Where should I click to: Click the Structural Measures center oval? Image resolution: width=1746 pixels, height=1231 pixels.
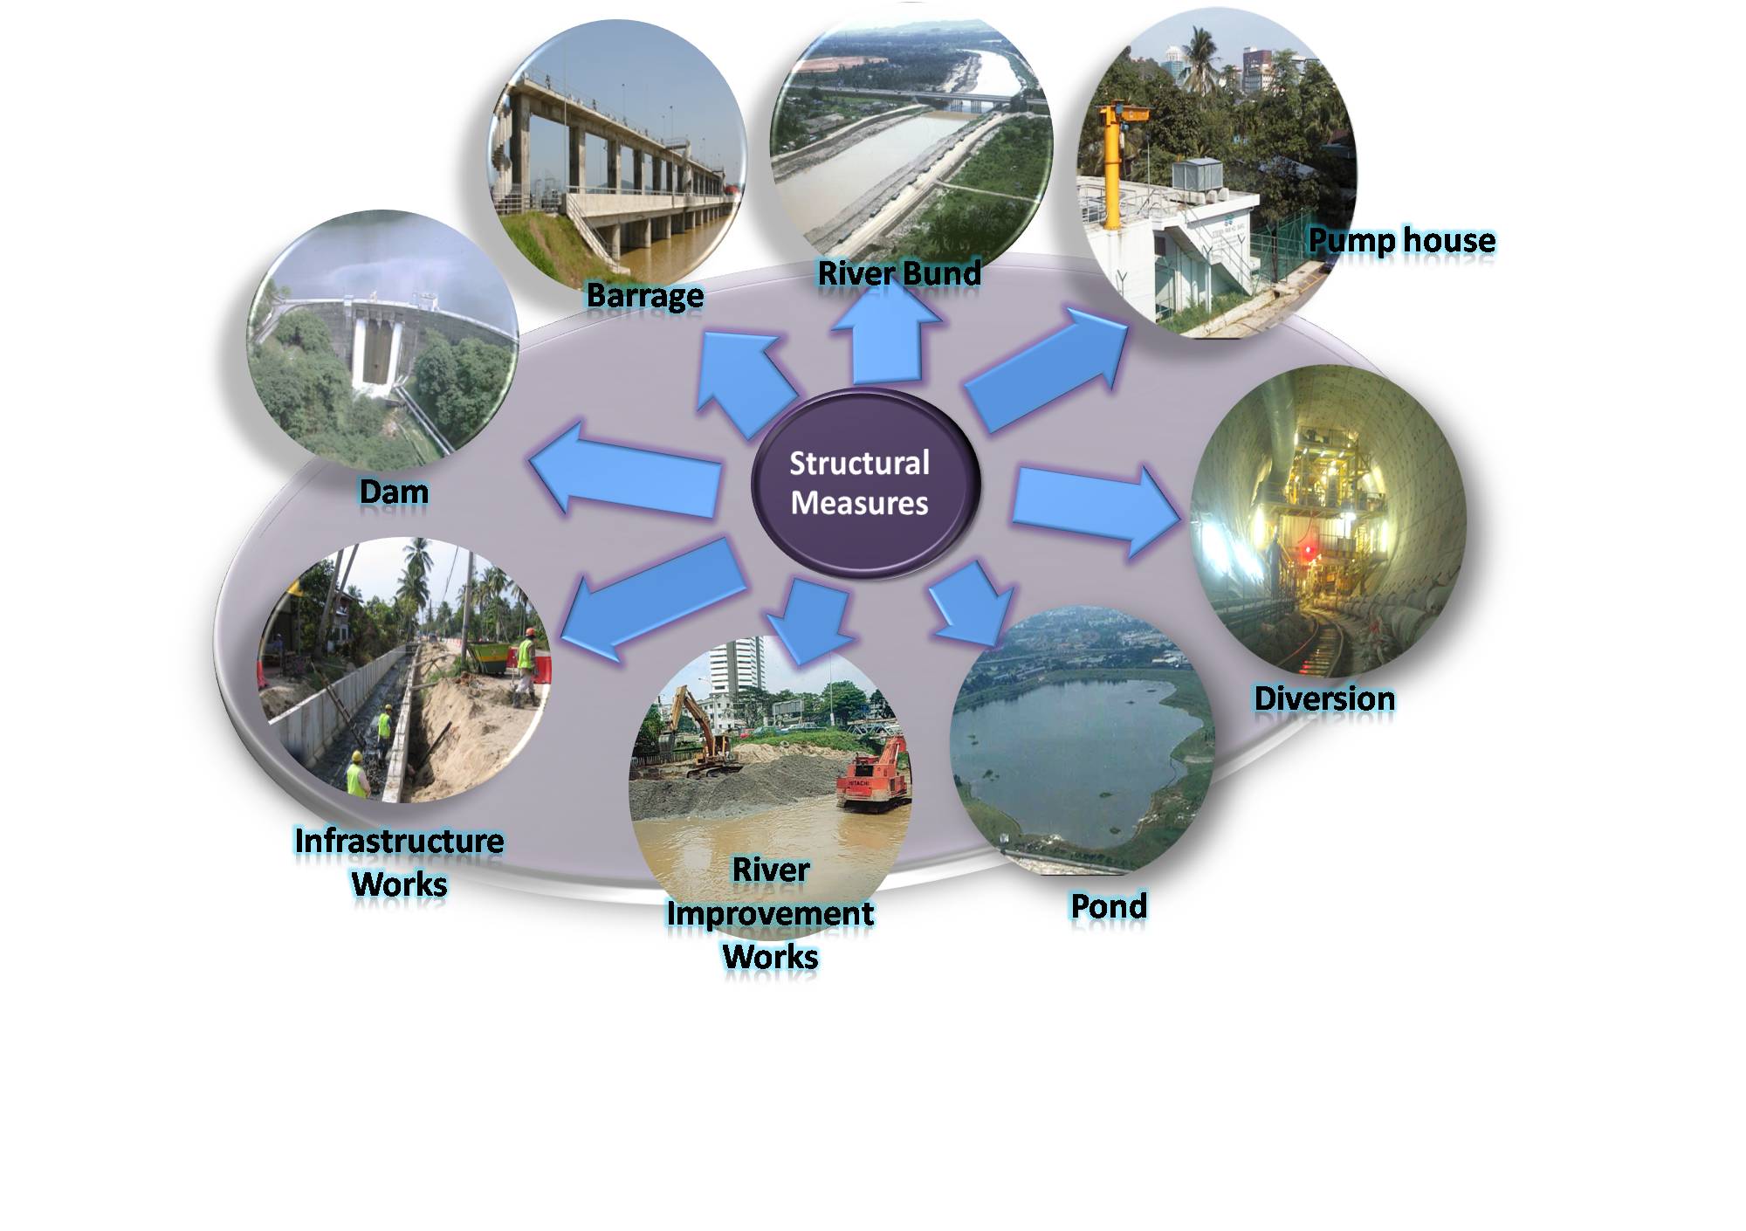(x=866, y=483)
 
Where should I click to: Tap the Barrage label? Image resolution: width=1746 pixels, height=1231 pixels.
(x=644, y=295)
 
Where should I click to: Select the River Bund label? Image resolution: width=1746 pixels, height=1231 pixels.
(x=898, y=273)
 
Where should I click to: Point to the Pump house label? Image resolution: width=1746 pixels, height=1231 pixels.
(x=1401, y=240)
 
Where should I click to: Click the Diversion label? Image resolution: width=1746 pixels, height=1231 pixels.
(x=1323, y=698)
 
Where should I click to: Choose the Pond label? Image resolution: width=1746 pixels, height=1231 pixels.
(x=1109, y=906)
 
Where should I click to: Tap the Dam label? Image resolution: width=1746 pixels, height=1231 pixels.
(x=394, y=492)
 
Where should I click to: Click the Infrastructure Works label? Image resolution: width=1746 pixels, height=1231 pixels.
(x=399, y=863)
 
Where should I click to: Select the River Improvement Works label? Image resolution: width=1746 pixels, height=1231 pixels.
(x=770, y=913)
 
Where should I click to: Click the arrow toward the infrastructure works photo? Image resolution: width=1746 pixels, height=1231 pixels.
(x=653, y=599)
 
